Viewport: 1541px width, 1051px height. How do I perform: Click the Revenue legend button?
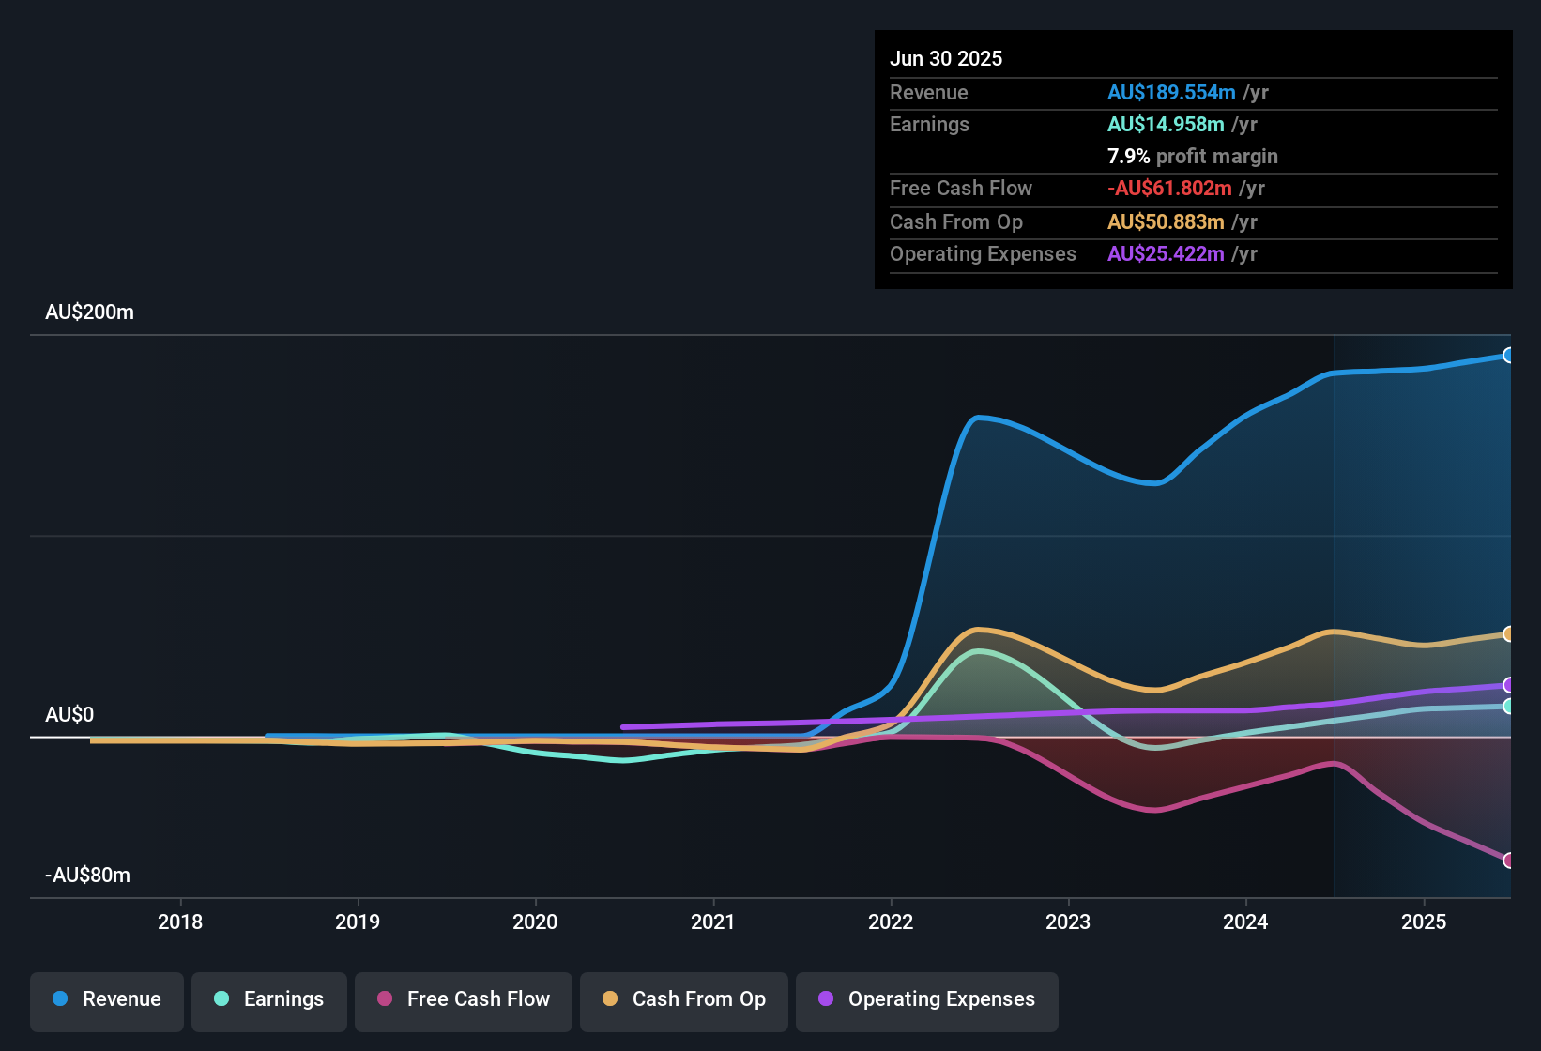[x=107, y=999]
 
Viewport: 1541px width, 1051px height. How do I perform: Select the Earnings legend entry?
[x=269, y=999]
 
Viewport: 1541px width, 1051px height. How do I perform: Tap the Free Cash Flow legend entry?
[x=464, y=999]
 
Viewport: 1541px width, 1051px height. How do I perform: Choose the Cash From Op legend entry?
[x=684, y=999]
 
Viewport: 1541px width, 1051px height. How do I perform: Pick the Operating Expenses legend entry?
[x=927, y=999]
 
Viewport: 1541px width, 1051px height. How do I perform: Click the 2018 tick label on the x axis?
[x=180, y=922]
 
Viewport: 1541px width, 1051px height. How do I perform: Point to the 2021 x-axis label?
[x=713, y=922]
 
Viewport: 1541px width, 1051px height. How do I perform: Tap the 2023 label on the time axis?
[x=1068, y=922]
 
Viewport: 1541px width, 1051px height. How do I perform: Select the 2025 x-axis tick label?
[x=1424, y=922]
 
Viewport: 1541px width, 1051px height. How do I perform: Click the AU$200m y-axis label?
[x=90, y=312]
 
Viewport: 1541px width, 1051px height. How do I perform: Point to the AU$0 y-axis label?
[x=70, y=715]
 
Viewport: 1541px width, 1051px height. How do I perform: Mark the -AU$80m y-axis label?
[x=88, y=876]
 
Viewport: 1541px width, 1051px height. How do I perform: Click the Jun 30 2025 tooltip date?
[x=946, y=59]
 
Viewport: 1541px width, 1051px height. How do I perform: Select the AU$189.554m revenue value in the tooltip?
[x=1171, y=93]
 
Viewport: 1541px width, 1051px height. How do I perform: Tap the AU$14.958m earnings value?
[x=1166, y=125]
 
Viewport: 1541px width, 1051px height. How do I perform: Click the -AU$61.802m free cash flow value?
[x=1169, y=189]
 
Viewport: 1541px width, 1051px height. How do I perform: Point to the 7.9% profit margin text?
[x=1193, y=157]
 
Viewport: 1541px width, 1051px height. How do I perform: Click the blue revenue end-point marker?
[x=1508, y=356]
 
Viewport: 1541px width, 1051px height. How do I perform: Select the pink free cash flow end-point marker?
[x=1508, y=861]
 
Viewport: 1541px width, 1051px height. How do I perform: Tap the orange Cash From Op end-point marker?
[x=1508, y=634]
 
